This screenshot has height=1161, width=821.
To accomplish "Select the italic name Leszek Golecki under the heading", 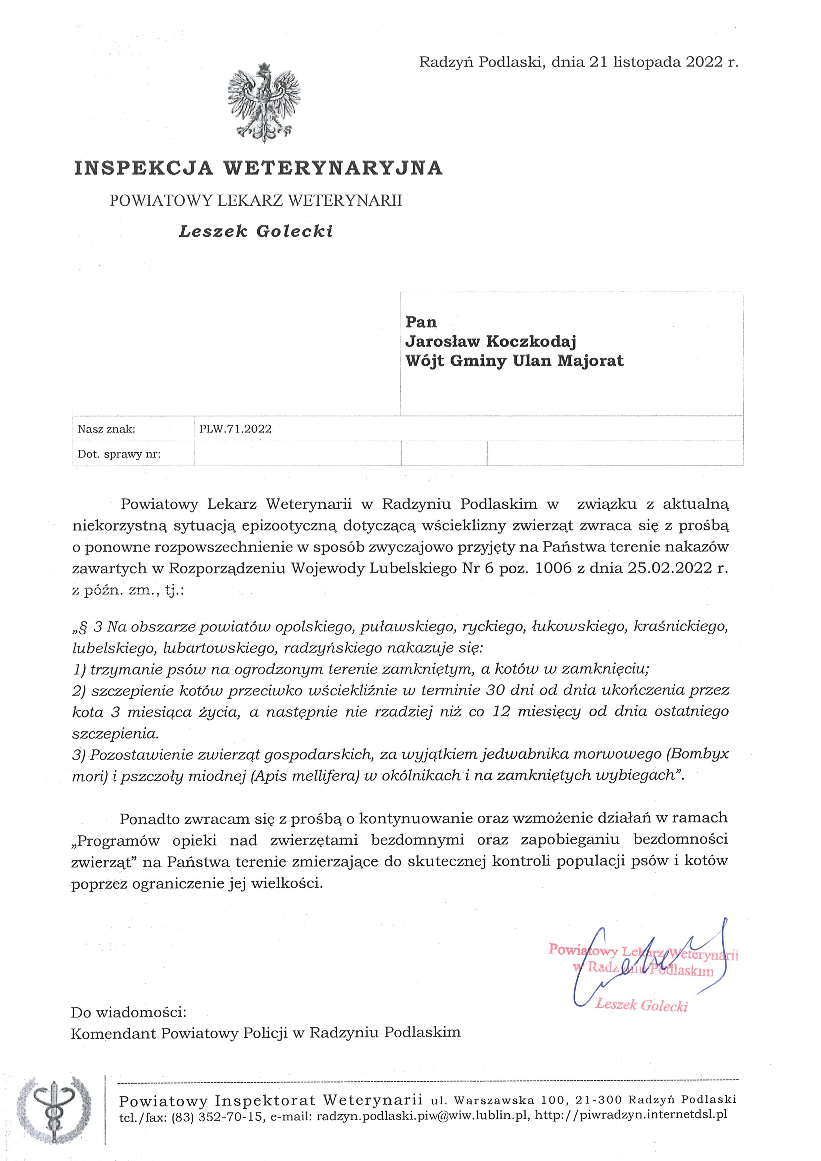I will click(x=256, y=232).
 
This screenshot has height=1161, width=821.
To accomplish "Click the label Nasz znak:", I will click(x=106, y=429).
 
